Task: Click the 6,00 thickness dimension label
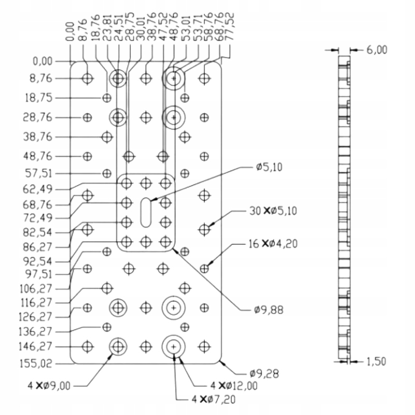click(x=376, y=50)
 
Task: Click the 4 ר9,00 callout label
click(x=57, y=385)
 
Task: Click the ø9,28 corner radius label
click(x=262, y=373)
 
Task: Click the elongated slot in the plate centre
click(x=146, y=211)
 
